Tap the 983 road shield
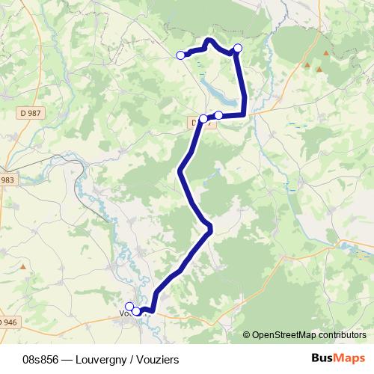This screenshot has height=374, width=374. (7, 180)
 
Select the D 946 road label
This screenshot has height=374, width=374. (7, 322)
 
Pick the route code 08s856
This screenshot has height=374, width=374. (41, 360)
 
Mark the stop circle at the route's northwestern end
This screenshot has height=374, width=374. (180, 55)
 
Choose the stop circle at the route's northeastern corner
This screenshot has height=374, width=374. (238, 49)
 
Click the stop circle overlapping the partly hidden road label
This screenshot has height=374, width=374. (203, 118)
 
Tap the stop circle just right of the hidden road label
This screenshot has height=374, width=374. (218, 115)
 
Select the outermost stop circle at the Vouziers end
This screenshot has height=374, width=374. (129, 306)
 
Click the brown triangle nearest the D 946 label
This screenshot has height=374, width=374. (23, 266)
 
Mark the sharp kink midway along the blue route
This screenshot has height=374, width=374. (209, 226)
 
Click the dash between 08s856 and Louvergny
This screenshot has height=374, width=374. (64, 360)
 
